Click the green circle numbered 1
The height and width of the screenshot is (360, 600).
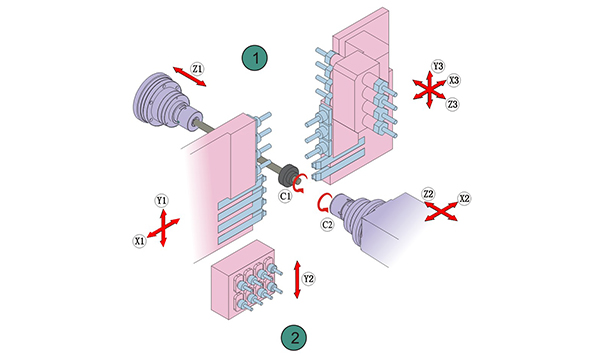[254, 58]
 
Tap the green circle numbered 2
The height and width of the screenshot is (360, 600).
[294, 338]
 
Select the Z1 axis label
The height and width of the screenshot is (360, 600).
[197, 69]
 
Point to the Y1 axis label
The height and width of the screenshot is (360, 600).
[162, 200]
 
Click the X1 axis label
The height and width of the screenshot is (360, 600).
[140, 241]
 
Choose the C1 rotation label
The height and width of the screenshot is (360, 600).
[285, 196]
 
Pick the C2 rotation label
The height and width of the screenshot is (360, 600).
[327, 225]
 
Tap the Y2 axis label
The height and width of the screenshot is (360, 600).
[308, 279]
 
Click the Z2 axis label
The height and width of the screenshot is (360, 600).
[428, 194]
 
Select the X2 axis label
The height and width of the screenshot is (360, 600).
[464, 199]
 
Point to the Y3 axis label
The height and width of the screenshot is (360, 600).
[438, 66]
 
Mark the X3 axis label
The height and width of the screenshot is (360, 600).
[454, 80]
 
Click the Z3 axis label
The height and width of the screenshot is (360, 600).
[453, 104]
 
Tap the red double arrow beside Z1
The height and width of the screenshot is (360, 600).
[190, 77]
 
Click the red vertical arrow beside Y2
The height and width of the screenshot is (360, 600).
[297, 280]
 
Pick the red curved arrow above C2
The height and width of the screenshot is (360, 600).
[321, 202]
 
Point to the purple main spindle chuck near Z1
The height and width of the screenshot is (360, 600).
[166, 101]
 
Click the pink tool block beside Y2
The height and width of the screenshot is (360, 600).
[243, 280]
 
